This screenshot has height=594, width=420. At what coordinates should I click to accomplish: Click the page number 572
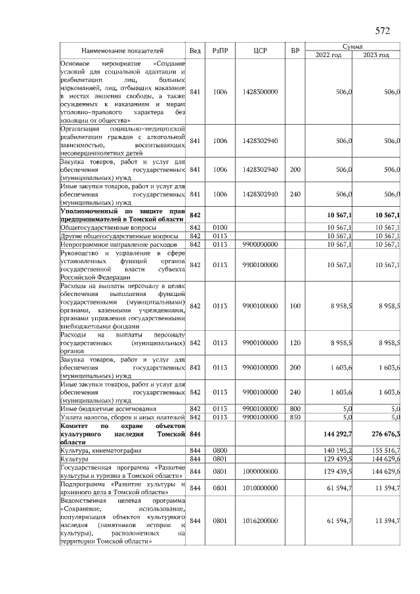click(383, 30)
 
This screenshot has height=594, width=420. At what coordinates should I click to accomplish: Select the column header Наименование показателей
click(123, 51)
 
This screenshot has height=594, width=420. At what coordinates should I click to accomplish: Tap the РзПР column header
click(220, 51)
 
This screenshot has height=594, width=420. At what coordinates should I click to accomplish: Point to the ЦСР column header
click(259, 51)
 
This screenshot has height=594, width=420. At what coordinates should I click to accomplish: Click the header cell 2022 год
click(328, 55)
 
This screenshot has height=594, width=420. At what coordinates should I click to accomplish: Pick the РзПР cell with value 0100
click(220, 227)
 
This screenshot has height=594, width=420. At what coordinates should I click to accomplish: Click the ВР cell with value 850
click(295, 417)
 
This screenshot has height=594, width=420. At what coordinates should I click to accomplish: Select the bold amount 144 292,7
click(335, 434)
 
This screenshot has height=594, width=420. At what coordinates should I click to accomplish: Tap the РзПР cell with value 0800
click(220, 451)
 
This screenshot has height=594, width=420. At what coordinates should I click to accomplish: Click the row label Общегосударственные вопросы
click(101, 227)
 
